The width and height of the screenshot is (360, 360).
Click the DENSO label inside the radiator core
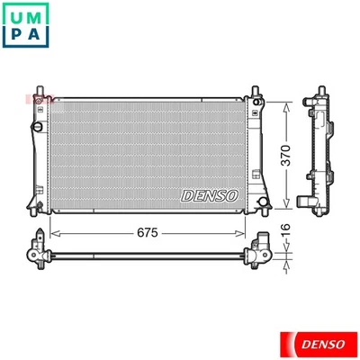tap(210, 193)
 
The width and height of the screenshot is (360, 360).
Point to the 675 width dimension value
tap(148, 232)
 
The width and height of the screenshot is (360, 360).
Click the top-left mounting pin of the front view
tap(39, 91)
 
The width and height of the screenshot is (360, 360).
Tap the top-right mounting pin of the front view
tap(256, 91)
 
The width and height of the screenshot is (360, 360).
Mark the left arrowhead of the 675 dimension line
tap(51, 232)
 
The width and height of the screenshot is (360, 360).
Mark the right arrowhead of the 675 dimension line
tap(245, 232)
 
